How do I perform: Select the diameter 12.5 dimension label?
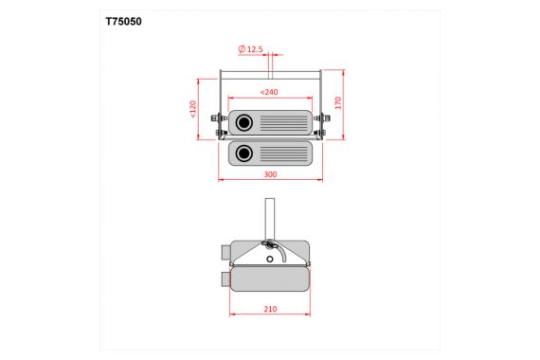251,47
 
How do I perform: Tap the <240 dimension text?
270,92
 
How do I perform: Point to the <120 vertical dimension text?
192,110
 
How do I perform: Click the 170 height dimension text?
338,101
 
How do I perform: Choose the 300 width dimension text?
270,175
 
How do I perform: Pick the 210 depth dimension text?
270,308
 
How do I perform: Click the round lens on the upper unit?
245,122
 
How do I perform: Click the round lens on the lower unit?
245,153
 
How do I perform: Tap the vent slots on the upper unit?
283,122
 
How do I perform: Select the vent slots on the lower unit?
283,153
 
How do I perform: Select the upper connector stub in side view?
225,252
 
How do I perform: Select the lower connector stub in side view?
225,279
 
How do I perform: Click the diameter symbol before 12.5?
242,47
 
